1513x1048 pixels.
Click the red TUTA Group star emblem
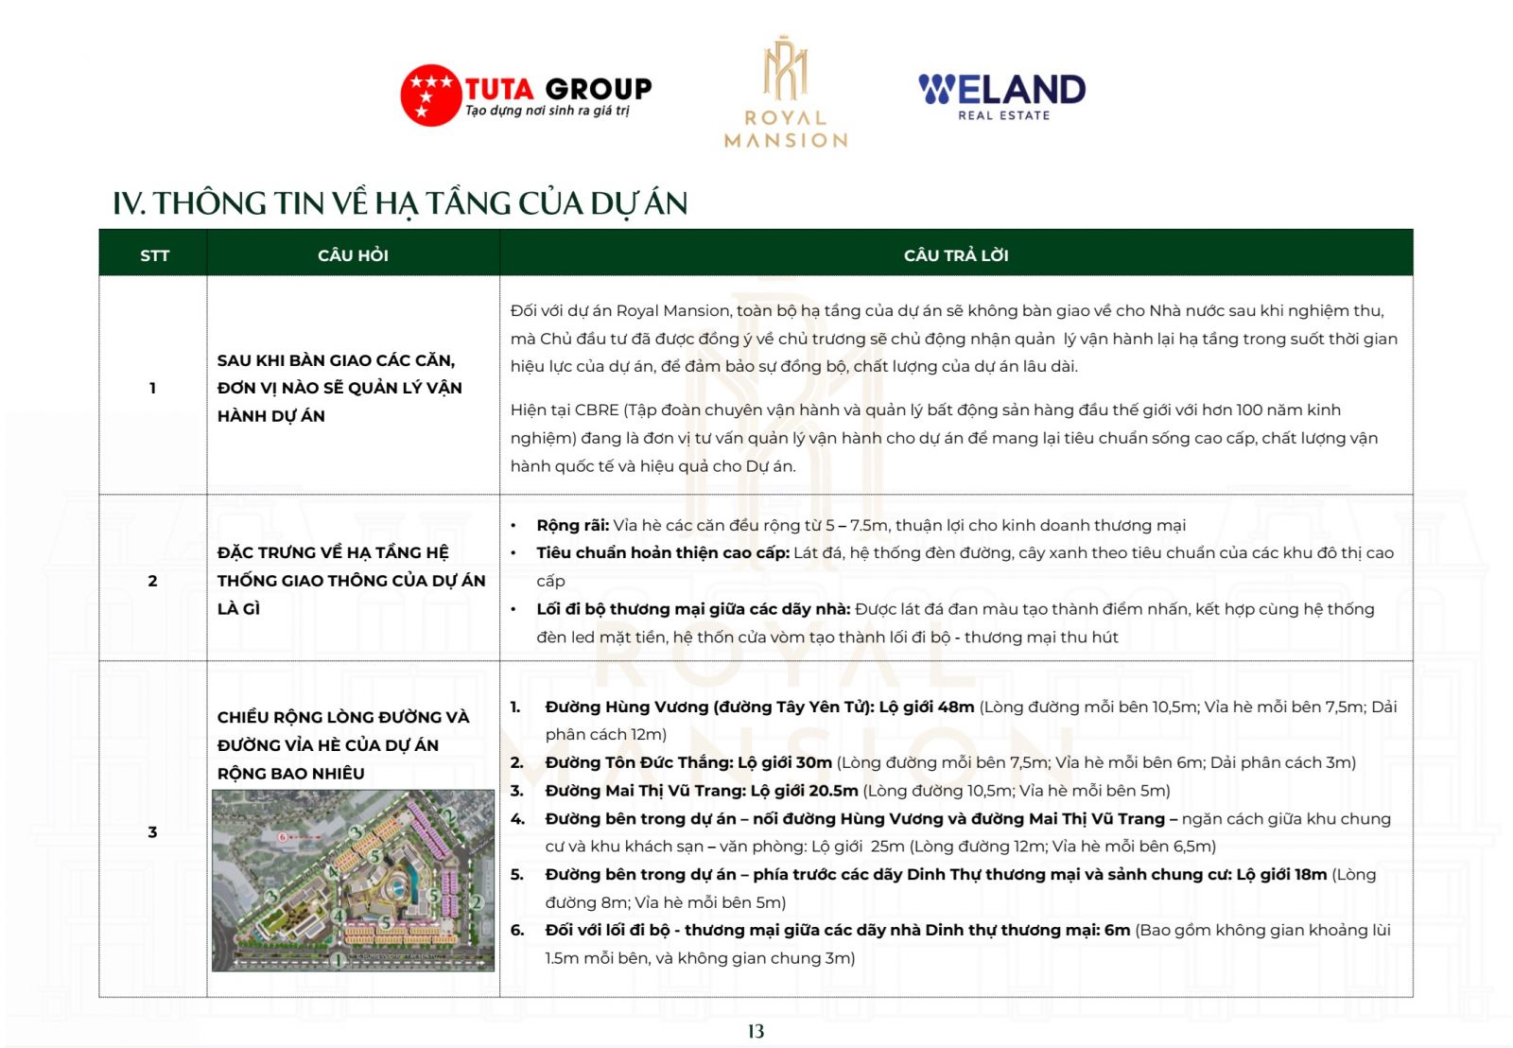coord(430,95)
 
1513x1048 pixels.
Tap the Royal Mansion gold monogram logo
coord(785,70)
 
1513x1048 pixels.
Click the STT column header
coord(154,255)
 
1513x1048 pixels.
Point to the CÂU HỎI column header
coord(353,255)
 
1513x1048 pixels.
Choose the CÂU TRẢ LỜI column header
coord(955,255)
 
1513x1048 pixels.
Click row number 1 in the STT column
coord(152,388)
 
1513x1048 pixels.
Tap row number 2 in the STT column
coord(152,581)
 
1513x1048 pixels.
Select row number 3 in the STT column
coord(152,832)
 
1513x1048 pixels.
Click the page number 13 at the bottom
coord(756,1031)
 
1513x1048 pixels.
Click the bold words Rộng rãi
coord(572,526)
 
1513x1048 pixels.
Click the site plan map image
coord(353,880)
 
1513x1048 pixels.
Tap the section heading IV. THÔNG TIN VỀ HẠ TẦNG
coord(399,203)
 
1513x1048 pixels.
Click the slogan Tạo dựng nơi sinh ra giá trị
coord(547,112)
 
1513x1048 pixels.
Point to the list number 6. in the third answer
coord(517,931)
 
